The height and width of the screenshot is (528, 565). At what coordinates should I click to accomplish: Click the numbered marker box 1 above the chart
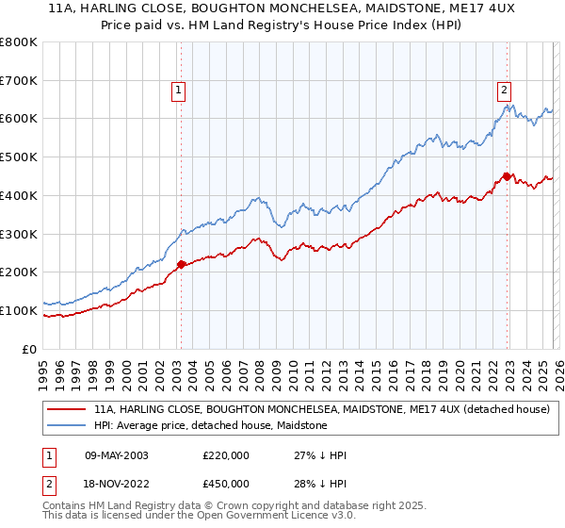click(179, 91)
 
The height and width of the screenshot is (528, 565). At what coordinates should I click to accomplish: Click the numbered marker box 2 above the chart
click(505, 91)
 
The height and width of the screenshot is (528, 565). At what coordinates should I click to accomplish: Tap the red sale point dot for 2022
click(507, 176)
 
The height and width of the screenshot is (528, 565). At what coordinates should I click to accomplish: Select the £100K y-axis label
click(19, 310)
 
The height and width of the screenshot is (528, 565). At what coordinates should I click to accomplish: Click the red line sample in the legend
click(68, 410)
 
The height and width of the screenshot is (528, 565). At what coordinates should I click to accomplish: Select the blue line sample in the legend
click(68, 425)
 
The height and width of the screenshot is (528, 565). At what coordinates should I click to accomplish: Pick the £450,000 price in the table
click(226, 483)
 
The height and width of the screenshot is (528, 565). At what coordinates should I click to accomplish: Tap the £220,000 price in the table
click(226, 455)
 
